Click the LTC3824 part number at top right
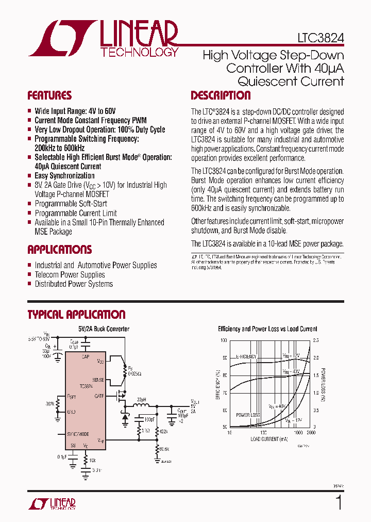(x=321, y=38)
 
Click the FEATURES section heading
(x=49, y=95)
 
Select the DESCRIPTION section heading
(x=221, y=95)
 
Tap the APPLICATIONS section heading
(x=59, y=250)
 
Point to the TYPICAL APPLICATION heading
(x=76, y=315)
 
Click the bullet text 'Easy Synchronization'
(x=64, y=176)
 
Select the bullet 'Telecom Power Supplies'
(x=70, y=274)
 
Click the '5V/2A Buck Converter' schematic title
(x=104, y=329)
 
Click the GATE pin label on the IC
(x=99, y=396)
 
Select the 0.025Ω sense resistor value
(x=136, y=373)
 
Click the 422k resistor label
(x=164, y=431)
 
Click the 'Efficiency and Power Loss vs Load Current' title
(x=267, y=329)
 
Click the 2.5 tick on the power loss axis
(x=316, y=341)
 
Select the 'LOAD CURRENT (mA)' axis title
(x=269, y=439)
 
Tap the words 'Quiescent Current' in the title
(x=291, y=81)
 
